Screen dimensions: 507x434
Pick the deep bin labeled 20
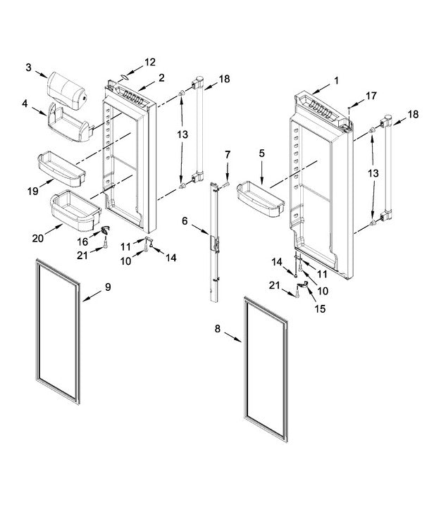point(74,211)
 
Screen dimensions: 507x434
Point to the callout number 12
point(150,62)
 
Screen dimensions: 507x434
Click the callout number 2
point(161,77)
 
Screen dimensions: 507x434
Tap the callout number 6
point(185,220)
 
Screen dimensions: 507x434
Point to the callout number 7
point(228,154)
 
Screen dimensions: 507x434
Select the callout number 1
point(336,80)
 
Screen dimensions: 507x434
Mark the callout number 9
point(108,287)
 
